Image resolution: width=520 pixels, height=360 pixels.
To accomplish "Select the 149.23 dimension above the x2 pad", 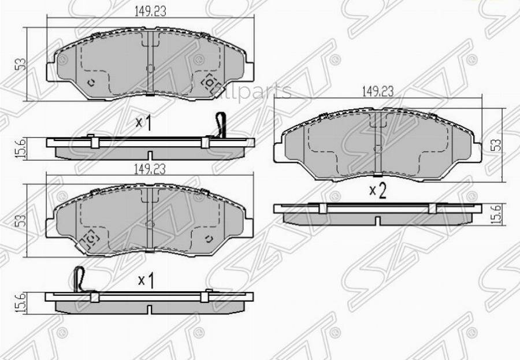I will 378,91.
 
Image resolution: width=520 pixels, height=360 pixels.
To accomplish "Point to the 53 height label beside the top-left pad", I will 22,64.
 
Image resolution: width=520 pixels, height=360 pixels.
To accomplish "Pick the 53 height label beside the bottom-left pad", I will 23,220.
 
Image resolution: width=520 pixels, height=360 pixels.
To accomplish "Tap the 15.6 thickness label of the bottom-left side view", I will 22,303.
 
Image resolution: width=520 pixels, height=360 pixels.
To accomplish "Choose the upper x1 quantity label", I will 143,123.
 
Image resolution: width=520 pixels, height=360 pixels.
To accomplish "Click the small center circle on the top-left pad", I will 150,68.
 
